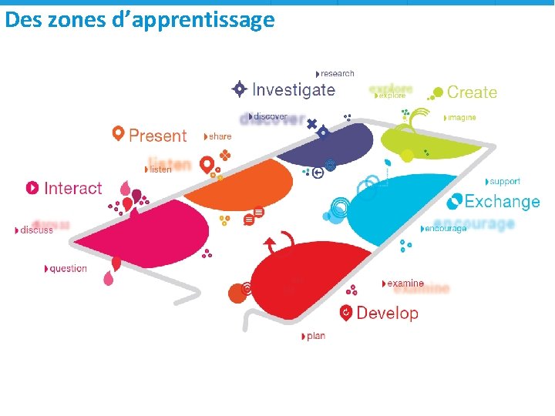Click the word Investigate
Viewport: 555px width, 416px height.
(294, 90)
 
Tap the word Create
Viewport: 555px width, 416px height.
(472, 92)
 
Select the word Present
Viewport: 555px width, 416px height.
(157, 136)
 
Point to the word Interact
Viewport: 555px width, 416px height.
(73, 188)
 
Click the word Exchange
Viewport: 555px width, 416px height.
(502, 202)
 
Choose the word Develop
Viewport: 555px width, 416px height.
(387, 313)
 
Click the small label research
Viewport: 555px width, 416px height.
(337, 73)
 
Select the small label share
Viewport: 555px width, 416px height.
(220, 136)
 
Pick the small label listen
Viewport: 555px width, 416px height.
(160, 169)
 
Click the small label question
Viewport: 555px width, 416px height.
(68, 269)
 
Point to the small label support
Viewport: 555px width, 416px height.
(505, 182)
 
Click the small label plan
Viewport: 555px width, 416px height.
(316, 336)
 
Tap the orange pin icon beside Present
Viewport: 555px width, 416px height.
(118, 133)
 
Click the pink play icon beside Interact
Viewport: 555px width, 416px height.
(32, 188)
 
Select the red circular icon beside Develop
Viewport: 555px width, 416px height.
(346, 313)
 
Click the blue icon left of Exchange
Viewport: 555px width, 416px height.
(455, 202)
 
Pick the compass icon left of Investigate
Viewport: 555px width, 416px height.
(240, 89)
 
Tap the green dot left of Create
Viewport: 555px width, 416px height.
(437, 92)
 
